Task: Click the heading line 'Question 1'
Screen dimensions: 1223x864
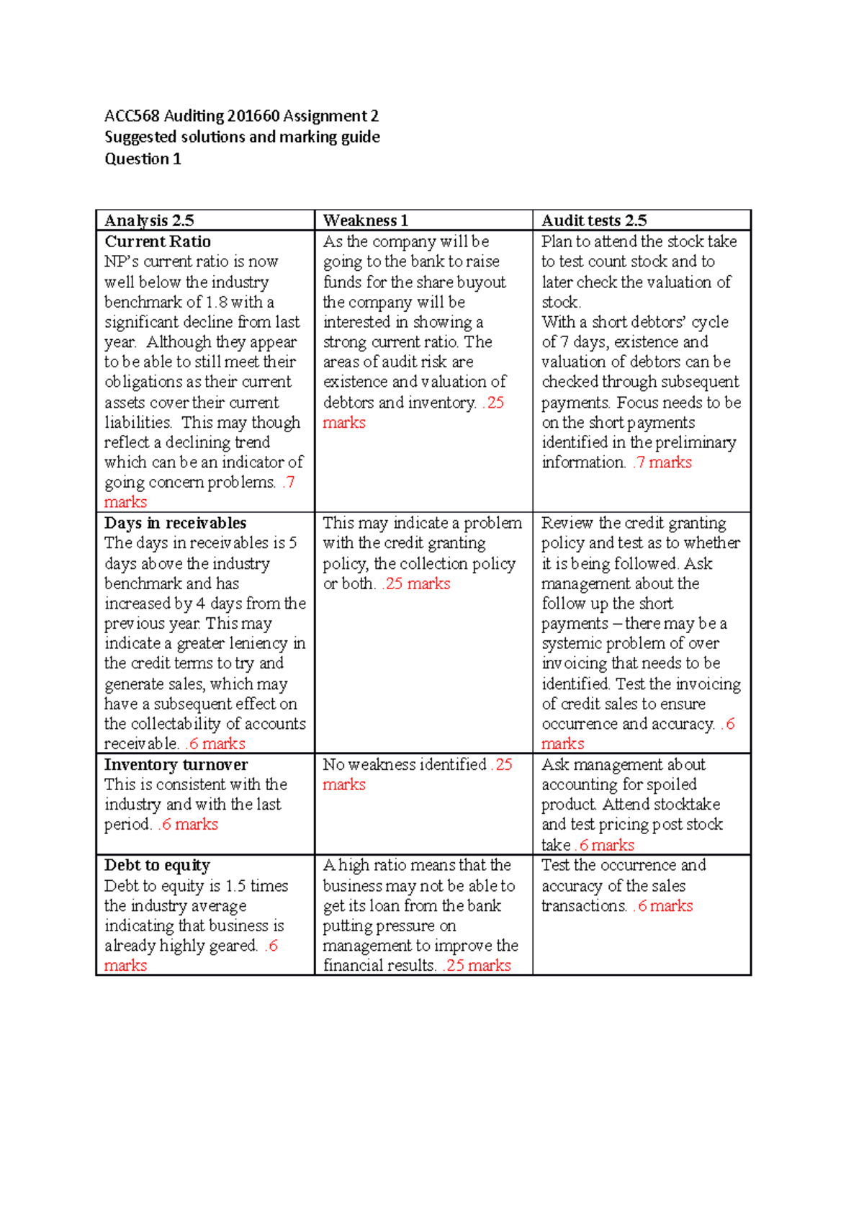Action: (x=143, y=159)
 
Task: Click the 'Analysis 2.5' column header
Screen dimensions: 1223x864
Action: (x=149, y=220)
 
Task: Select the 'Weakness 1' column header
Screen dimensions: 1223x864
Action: (x=365, y=220)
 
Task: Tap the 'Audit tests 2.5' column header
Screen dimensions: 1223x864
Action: (x=594, y=220)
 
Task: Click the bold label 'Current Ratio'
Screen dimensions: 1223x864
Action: (x=158, y=241)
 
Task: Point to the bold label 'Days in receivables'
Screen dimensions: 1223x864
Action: (x=175, y=523)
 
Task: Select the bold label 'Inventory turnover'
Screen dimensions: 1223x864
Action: (x=176, y=764)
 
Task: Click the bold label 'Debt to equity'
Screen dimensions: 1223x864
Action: (x=157, y=865)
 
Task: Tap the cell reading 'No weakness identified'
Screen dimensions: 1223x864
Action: (x=405, y=764)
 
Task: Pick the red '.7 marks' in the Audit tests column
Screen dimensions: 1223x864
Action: (x=662, y=462)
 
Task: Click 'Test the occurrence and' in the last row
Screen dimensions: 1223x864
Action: (x=624, y=865)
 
